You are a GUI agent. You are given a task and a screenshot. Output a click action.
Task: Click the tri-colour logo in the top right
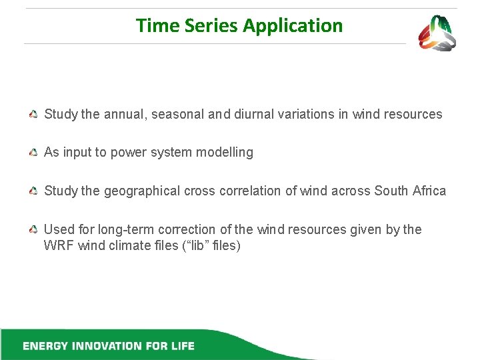click(x=437, y=33)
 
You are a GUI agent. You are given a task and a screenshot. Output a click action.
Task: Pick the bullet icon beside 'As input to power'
click(x=33, y=153)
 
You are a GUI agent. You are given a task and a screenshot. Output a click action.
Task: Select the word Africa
click(x=429, y=191)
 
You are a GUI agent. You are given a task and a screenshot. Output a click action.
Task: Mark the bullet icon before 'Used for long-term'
click(x=33, y=230)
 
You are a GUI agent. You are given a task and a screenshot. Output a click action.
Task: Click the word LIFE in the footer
click(x=181, y=346)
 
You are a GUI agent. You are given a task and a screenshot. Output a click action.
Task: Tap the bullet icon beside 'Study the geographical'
click(x=33, y=192)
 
